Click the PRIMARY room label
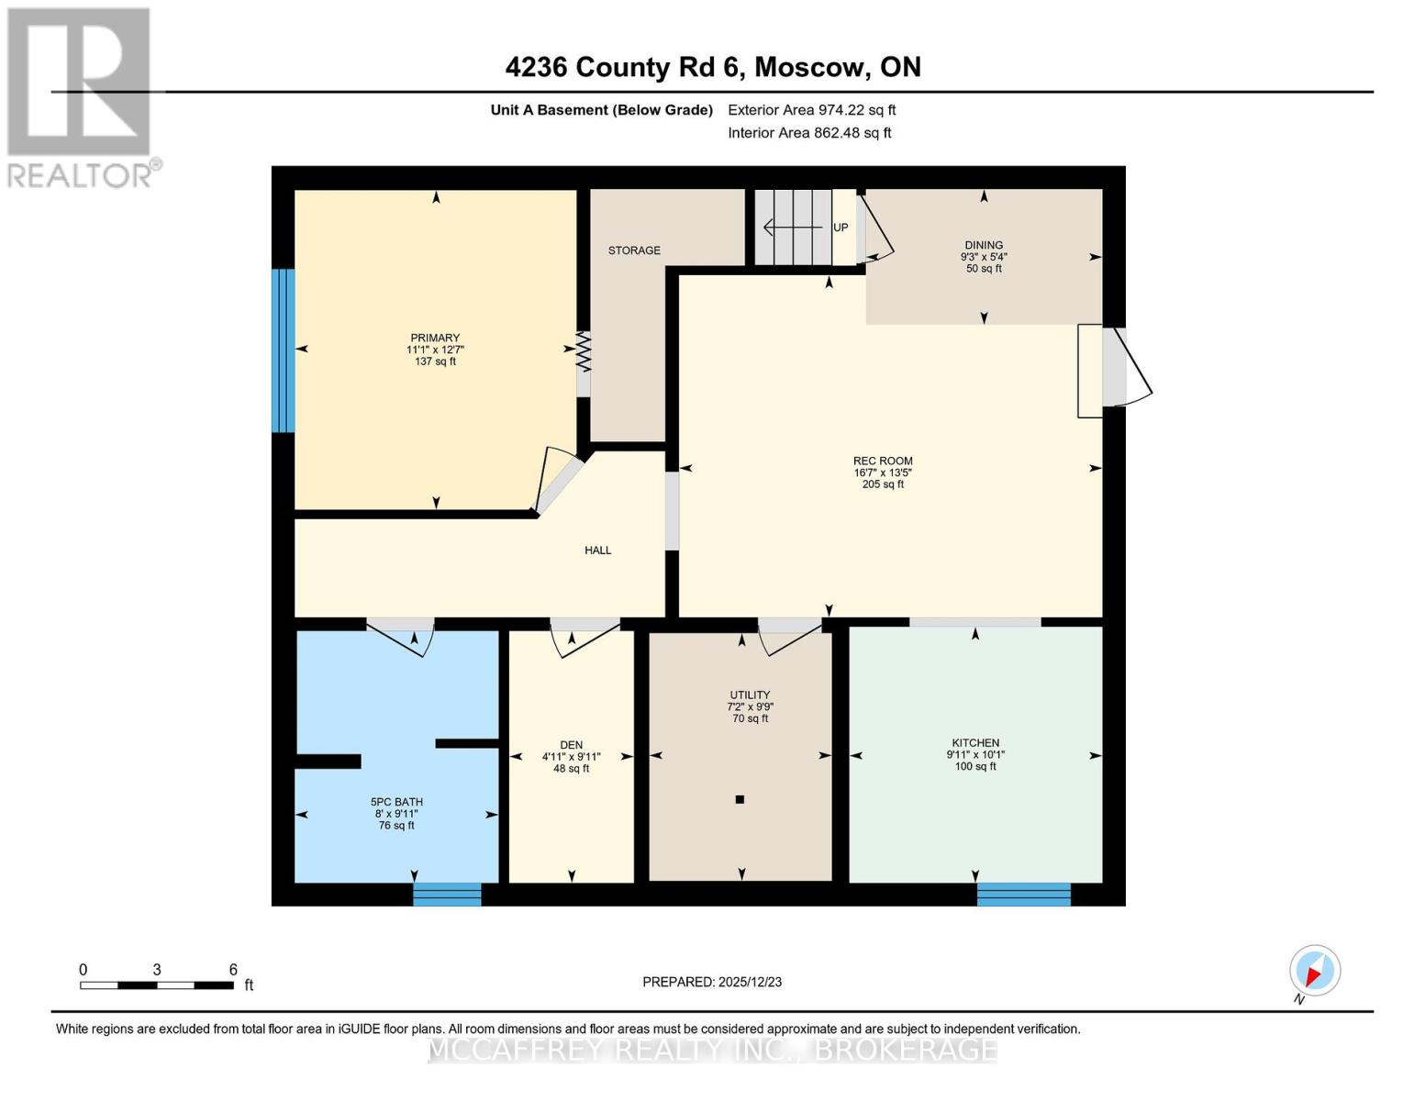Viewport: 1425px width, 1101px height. coord(435,338)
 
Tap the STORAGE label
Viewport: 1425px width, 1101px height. coord(634,250)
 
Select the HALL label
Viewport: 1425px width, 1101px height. coord(597,550)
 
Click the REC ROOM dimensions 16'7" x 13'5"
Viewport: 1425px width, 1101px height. coord(883,473)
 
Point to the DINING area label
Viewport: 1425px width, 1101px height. coord(984,245)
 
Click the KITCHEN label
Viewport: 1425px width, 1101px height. coord(975,743)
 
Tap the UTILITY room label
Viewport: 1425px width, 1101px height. coord(750,695)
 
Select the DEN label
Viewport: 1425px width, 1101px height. coord(572,745)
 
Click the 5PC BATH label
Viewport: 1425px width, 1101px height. coord(396,802)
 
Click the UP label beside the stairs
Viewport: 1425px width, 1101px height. coord(841,228)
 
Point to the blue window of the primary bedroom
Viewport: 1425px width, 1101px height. coord(284,350)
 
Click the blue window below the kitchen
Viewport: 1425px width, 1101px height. coord(1023,894)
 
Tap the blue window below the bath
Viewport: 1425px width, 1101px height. coord(447,894)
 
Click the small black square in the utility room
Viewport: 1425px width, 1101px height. coord(740,799)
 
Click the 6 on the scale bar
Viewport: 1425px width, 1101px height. coord(233,970)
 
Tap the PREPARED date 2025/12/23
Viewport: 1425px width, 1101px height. coord(712,982)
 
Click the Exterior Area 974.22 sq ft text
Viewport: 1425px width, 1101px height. coord(811,110)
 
